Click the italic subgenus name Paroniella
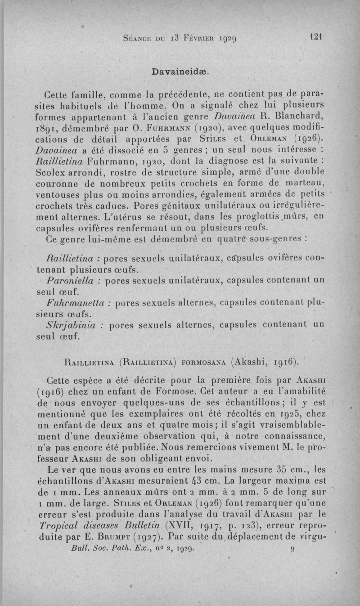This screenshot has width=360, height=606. click(69, 281)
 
